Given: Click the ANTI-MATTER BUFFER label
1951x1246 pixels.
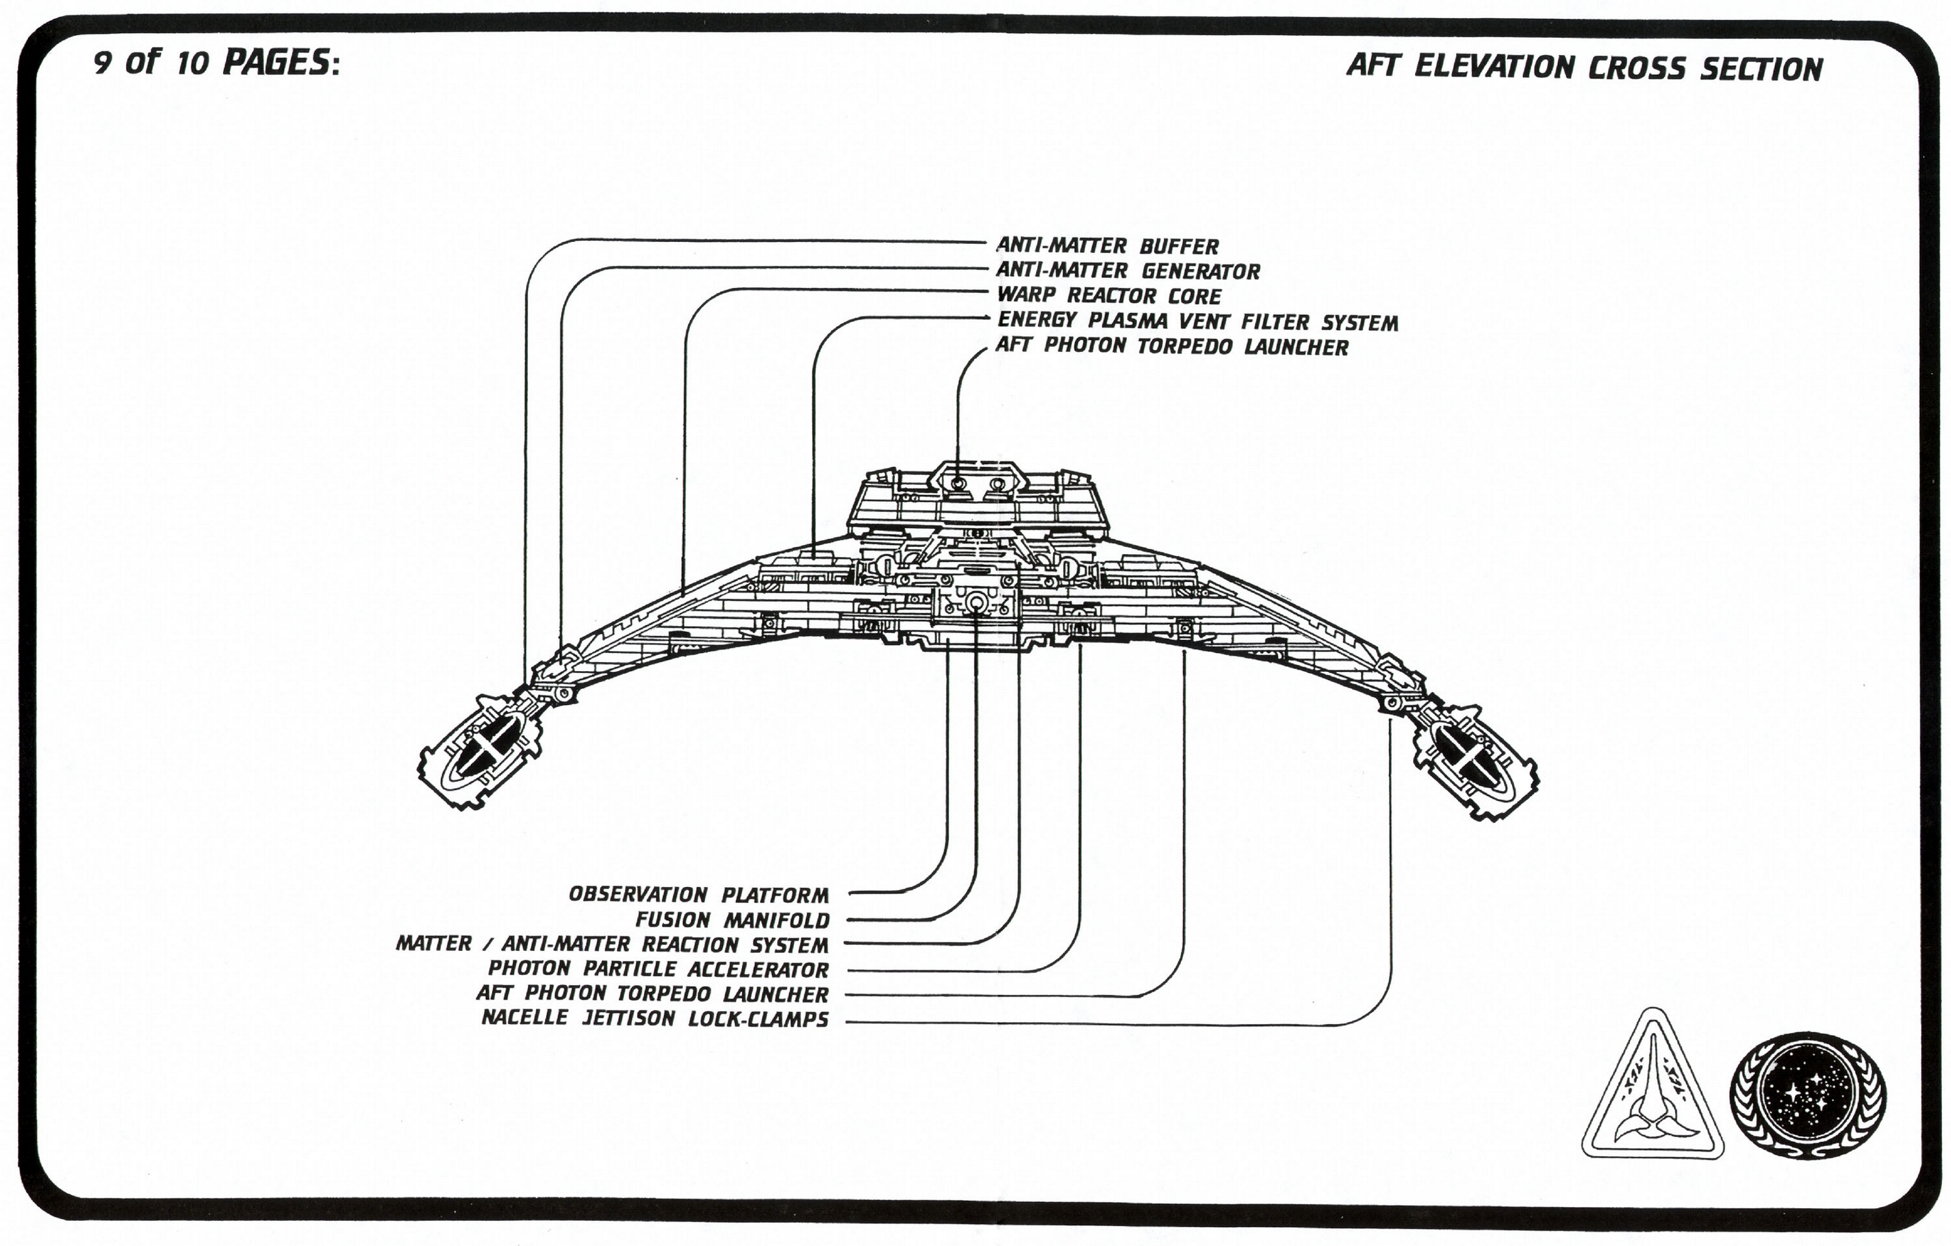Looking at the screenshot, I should click(x=1107, y=246).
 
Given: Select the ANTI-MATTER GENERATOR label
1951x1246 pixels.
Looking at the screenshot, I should click(x=1128, y=271).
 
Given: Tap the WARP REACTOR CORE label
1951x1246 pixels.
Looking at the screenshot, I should click(x=1108, y=296).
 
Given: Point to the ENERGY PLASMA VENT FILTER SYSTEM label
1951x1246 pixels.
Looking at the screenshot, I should click(x=1197, y=322).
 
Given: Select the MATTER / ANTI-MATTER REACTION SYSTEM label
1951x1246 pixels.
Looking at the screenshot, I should click(x=612, y=945).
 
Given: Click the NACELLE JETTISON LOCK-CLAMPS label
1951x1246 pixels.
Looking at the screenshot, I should click(x=655, y=1019).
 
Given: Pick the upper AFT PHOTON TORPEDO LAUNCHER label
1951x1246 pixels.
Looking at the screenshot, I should click(x=1172, y=347).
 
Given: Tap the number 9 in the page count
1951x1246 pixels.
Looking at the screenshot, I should click(x=102, y=63).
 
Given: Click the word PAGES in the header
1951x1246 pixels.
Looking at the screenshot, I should click(x=276, y=64).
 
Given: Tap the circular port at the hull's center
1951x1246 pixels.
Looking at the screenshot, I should click(x=976, y=601).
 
